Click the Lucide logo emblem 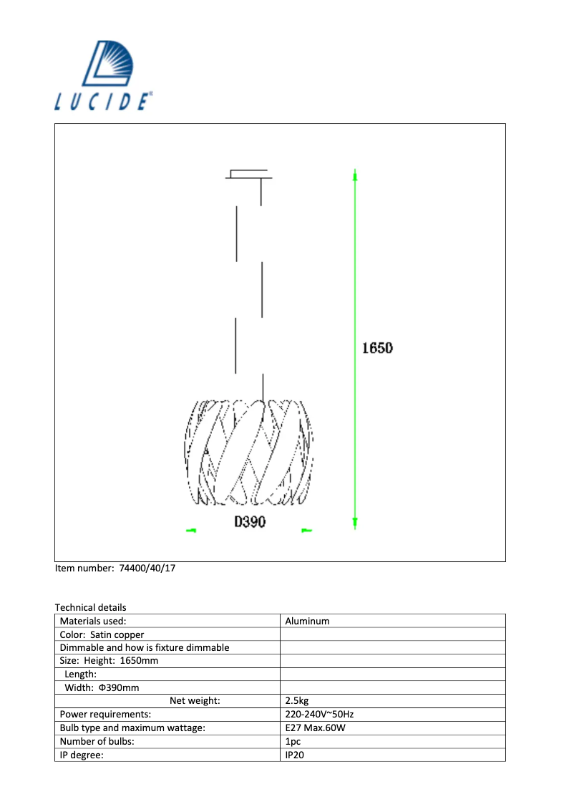114,63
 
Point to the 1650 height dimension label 377,349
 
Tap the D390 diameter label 250,522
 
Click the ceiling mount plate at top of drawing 248,174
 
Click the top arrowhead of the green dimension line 355,175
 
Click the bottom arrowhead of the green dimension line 355,523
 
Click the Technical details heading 90,607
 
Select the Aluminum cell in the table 307,621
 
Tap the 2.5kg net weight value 297,701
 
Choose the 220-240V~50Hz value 319,715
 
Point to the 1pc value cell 293,742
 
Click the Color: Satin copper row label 102,634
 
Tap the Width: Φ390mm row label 102,687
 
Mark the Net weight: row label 195,701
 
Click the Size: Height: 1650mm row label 109,661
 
